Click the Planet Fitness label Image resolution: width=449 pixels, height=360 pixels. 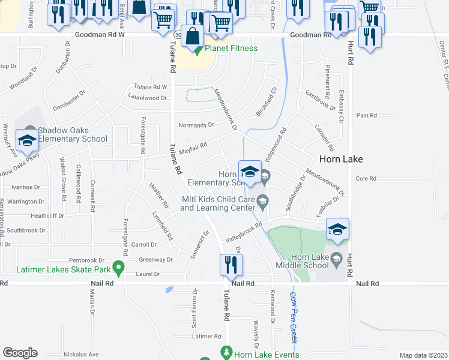pos(231,48)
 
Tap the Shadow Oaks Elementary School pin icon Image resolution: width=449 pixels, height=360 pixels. pos(26,140)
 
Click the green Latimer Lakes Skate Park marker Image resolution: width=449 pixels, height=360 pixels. pos(119,266)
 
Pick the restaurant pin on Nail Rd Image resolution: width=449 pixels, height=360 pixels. pos(228,264)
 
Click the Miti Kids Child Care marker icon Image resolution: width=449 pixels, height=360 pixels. pos(262,200)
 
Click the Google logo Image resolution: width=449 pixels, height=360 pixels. pos(20,353)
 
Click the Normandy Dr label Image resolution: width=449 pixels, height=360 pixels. pos(196,125)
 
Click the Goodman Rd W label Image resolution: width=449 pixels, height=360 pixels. pos(100,35)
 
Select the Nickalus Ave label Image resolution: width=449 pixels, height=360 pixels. pos(72,354)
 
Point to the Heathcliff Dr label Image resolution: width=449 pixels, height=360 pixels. pos(47,215)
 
